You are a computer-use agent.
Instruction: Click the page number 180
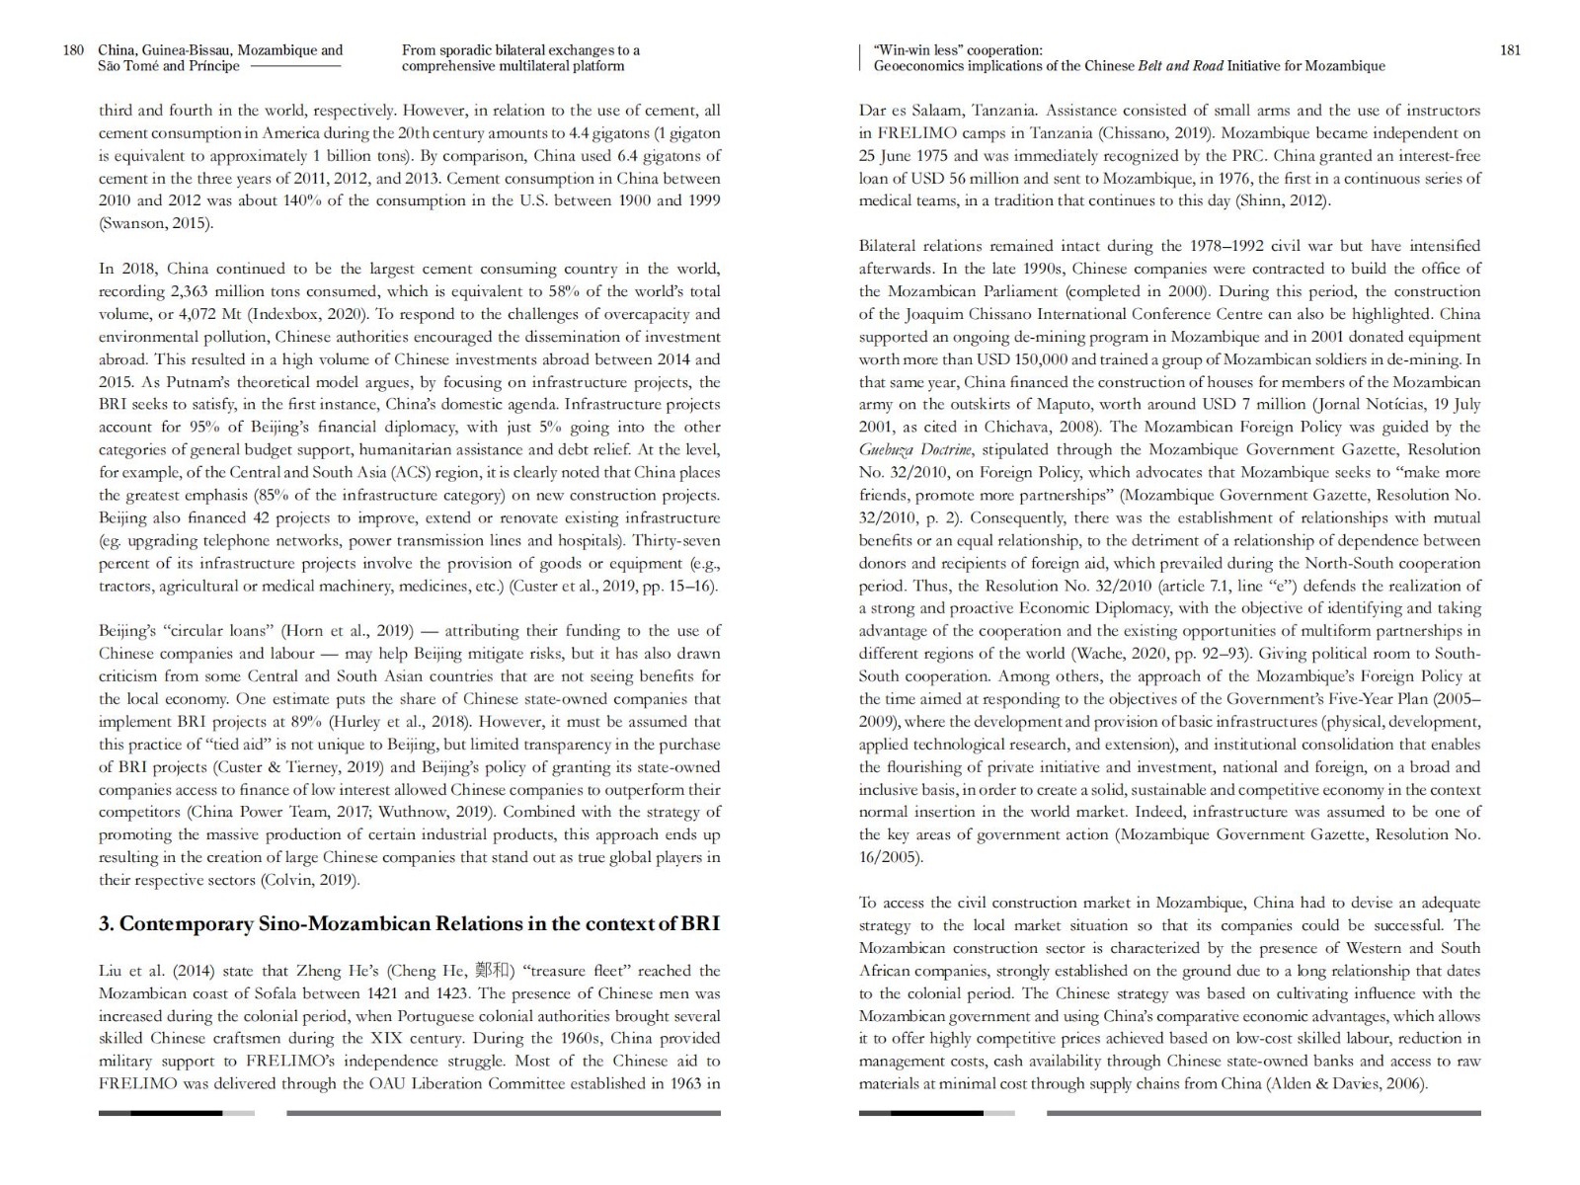click(73, 50)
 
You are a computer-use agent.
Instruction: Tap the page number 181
click(1510, 50)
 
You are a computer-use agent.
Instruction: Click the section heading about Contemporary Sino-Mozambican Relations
click(409, 924)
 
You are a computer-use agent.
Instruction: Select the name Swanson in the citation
click(134, 223)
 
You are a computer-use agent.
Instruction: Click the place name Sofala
click(253, 993)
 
